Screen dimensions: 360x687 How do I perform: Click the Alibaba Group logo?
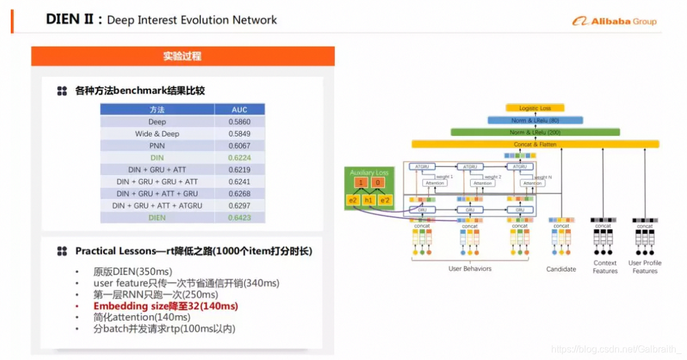tap(614, 21)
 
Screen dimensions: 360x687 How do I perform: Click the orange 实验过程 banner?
tap(182, 56)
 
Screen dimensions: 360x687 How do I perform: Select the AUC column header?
tap(239, 110)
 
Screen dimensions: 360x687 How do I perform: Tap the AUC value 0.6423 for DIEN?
tap(239, 218)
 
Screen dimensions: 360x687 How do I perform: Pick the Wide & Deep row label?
tap(157, 134)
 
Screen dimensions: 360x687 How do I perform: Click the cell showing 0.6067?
tap(239, 145)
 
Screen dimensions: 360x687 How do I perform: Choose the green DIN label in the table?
tap(157, 157)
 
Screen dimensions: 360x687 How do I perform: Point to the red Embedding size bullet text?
tap(166, 306)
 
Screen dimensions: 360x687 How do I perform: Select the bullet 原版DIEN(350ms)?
tap(132, 272)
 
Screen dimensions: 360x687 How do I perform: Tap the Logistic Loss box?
tap(534, 108)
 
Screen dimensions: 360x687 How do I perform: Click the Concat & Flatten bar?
tap(535, 144)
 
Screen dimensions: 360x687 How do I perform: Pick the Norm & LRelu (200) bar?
tap(535, 132)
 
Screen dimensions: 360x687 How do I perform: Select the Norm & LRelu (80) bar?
tap(534, 120)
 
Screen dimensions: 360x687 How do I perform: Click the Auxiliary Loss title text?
tap(369, 173)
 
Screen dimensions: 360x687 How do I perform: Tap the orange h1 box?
tap(369, 200)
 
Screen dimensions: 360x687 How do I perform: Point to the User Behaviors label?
tap(470, 269)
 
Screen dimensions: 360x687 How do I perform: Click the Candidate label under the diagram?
tap(561, 269)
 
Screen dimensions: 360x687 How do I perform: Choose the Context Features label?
tap(605, 267)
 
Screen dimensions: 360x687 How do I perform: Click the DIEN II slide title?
tap(161, 20)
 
